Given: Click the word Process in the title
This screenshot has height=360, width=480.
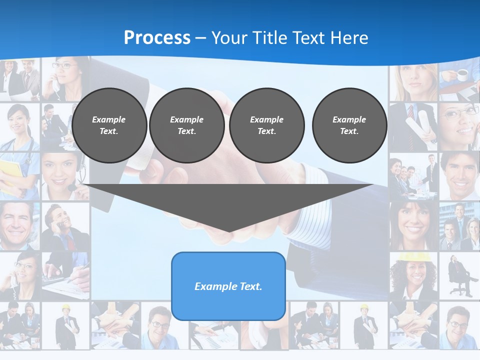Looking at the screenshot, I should click(157, 38).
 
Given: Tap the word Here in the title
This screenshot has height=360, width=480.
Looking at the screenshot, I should click(347, 38).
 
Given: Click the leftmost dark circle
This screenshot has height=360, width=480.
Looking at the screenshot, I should click(109, 125).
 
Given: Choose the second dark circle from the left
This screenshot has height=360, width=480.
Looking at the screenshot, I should click(186, 125).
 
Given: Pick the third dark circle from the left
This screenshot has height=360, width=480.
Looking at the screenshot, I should click(266, 125).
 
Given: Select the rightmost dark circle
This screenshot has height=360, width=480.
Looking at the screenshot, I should click(349, 125).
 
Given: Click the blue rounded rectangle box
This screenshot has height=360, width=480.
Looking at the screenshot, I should click(228, 286).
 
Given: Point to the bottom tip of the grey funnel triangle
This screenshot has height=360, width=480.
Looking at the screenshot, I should click(229, 231).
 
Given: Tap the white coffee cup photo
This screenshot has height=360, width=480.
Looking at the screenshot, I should click(462, 75).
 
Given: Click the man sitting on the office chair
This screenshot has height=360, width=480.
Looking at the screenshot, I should click(458, 275).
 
